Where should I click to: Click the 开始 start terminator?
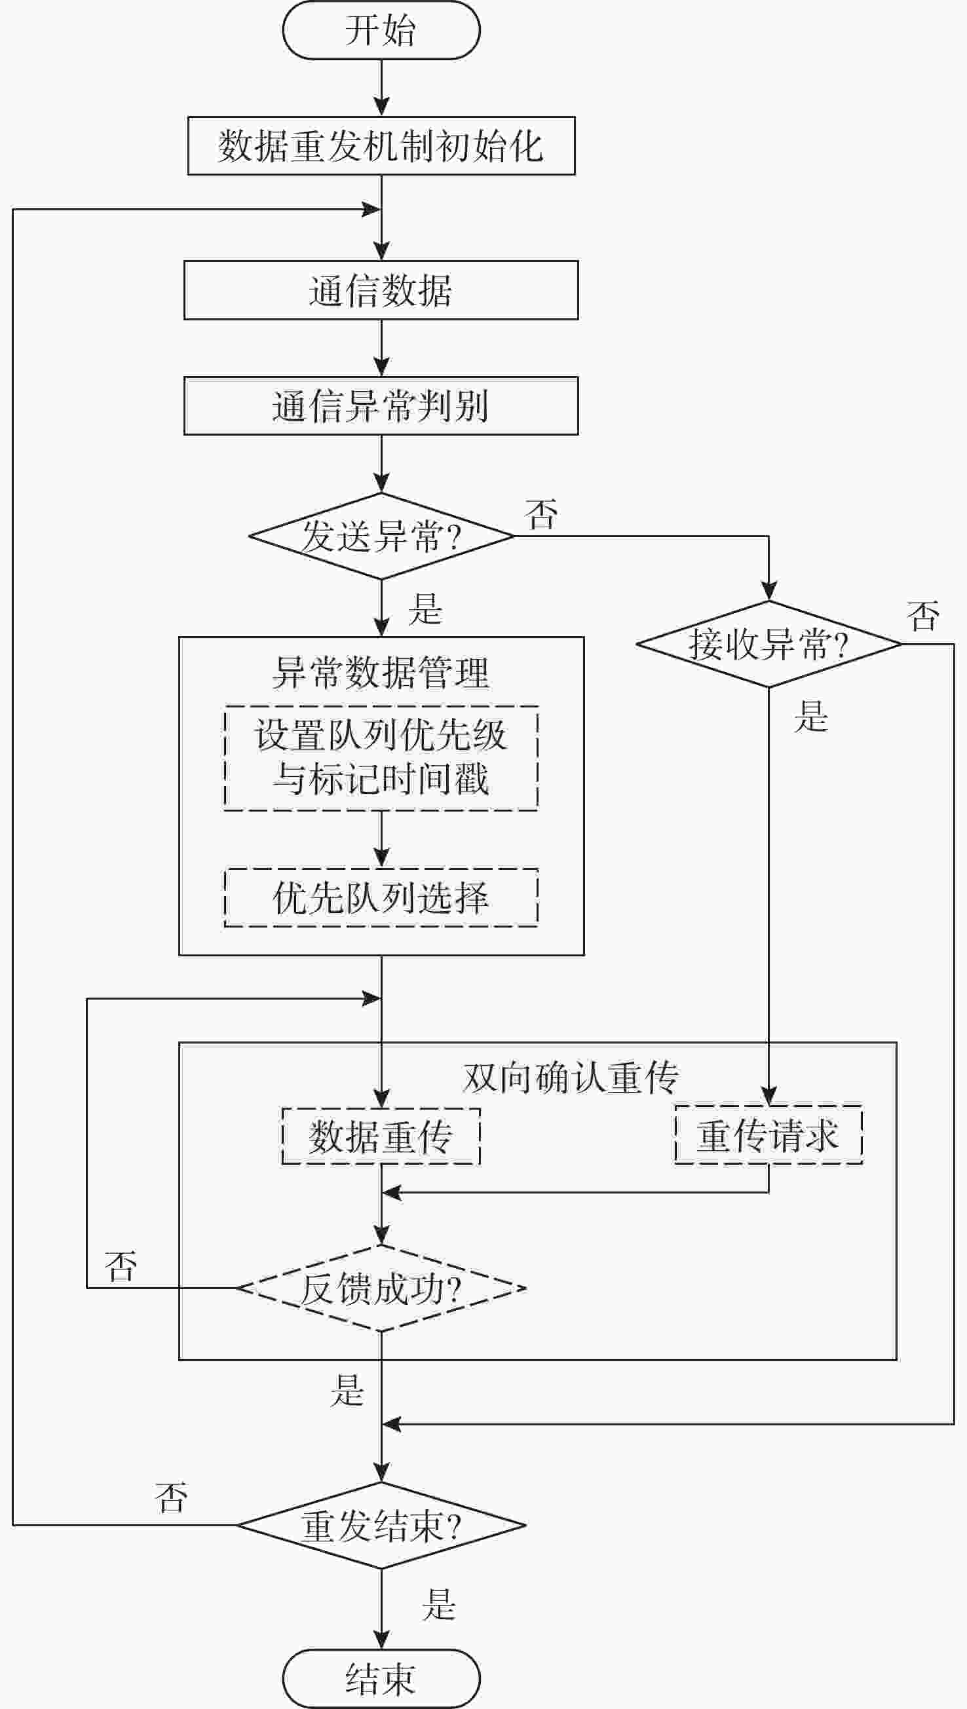pos(381,31)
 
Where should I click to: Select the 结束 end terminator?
pos(381,1678)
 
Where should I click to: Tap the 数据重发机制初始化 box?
pos(381,146)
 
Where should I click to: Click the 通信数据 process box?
pos(381,290)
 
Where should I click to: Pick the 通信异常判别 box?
pos(381,405)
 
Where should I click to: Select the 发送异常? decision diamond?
pos(381,536)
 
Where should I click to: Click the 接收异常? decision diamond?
pos(768,644)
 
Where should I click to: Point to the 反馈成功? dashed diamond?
pos(381,1288)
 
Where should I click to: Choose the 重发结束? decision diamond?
pos(381,1525)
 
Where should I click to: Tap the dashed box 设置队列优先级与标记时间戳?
pos(381,758)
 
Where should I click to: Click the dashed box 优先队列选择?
pos(381,897)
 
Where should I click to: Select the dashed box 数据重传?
pos(381,1136)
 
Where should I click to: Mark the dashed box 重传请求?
pos(768,1135)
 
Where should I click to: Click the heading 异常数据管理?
pos(381,673)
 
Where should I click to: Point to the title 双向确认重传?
pos(571,1077)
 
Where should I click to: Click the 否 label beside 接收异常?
pos(923,616)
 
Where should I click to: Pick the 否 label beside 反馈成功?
pos(121,1266)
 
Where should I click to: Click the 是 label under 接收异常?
pos(811,717)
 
